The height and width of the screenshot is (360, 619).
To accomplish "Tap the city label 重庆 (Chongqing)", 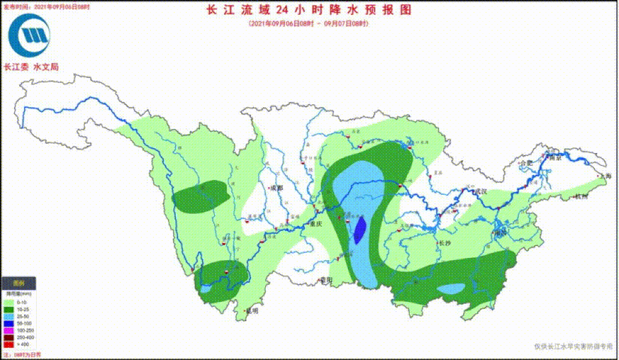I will point(316,224).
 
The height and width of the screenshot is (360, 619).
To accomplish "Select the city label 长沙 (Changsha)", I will point(446,243).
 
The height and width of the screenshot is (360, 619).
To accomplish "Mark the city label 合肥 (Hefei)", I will point(526,163).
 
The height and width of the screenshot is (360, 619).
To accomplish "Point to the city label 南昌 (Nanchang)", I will point(501,233).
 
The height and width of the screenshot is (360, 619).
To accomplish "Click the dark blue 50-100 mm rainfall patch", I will point(360,230).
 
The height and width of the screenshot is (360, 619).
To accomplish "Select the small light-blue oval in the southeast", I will point(452,289).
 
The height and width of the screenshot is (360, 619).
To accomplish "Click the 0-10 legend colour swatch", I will point(9,302).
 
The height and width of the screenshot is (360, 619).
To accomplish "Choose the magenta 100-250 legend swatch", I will point(9,331).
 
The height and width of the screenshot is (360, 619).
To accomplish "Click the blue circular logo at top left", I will point(29,36).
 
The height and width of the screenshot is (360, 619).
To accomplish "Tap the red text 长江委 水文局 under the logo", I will point(31,67).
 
